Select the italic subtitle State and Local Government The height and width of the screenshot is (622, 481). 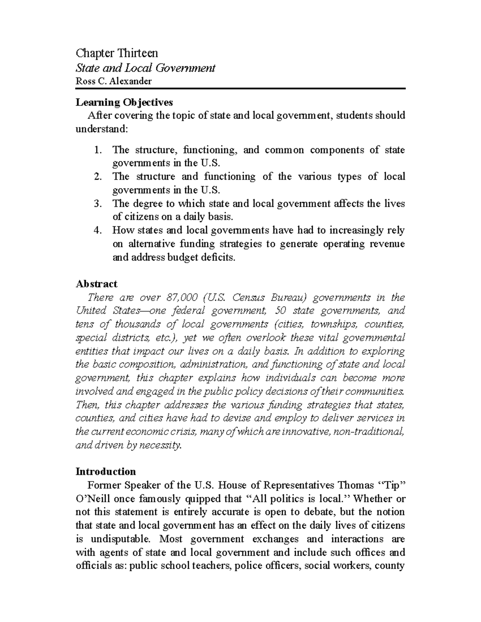tap(146, 68)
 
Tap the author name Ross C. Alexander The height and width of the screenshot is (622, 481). tap(114, 81)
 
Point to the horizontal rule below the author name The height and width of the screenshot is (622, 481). tap(240, 89)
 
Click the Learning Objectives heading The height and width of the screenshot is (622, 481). tap(124, 103)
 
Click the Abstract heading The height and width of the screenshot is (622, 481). tap(96, 284)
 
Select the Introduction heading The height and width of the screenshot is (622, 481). tap(106, 471)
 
